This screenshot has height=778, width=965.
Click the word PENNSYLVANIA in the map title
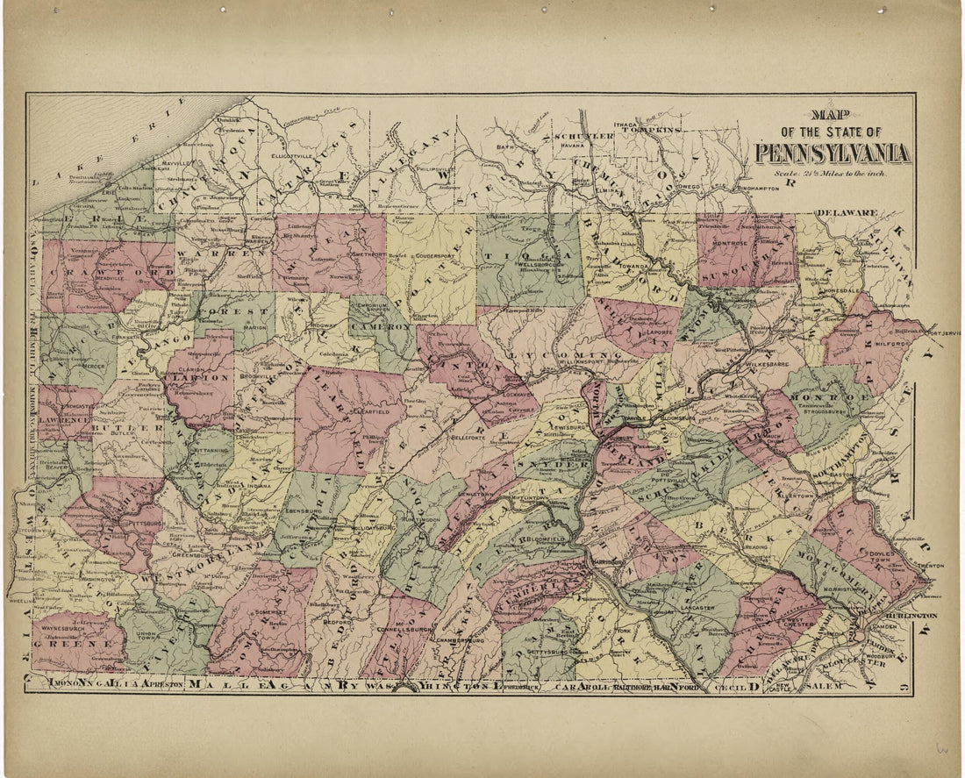(x=833, y=153)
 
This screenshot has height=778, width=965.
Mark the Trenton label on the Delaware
(x=930, y=567)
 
